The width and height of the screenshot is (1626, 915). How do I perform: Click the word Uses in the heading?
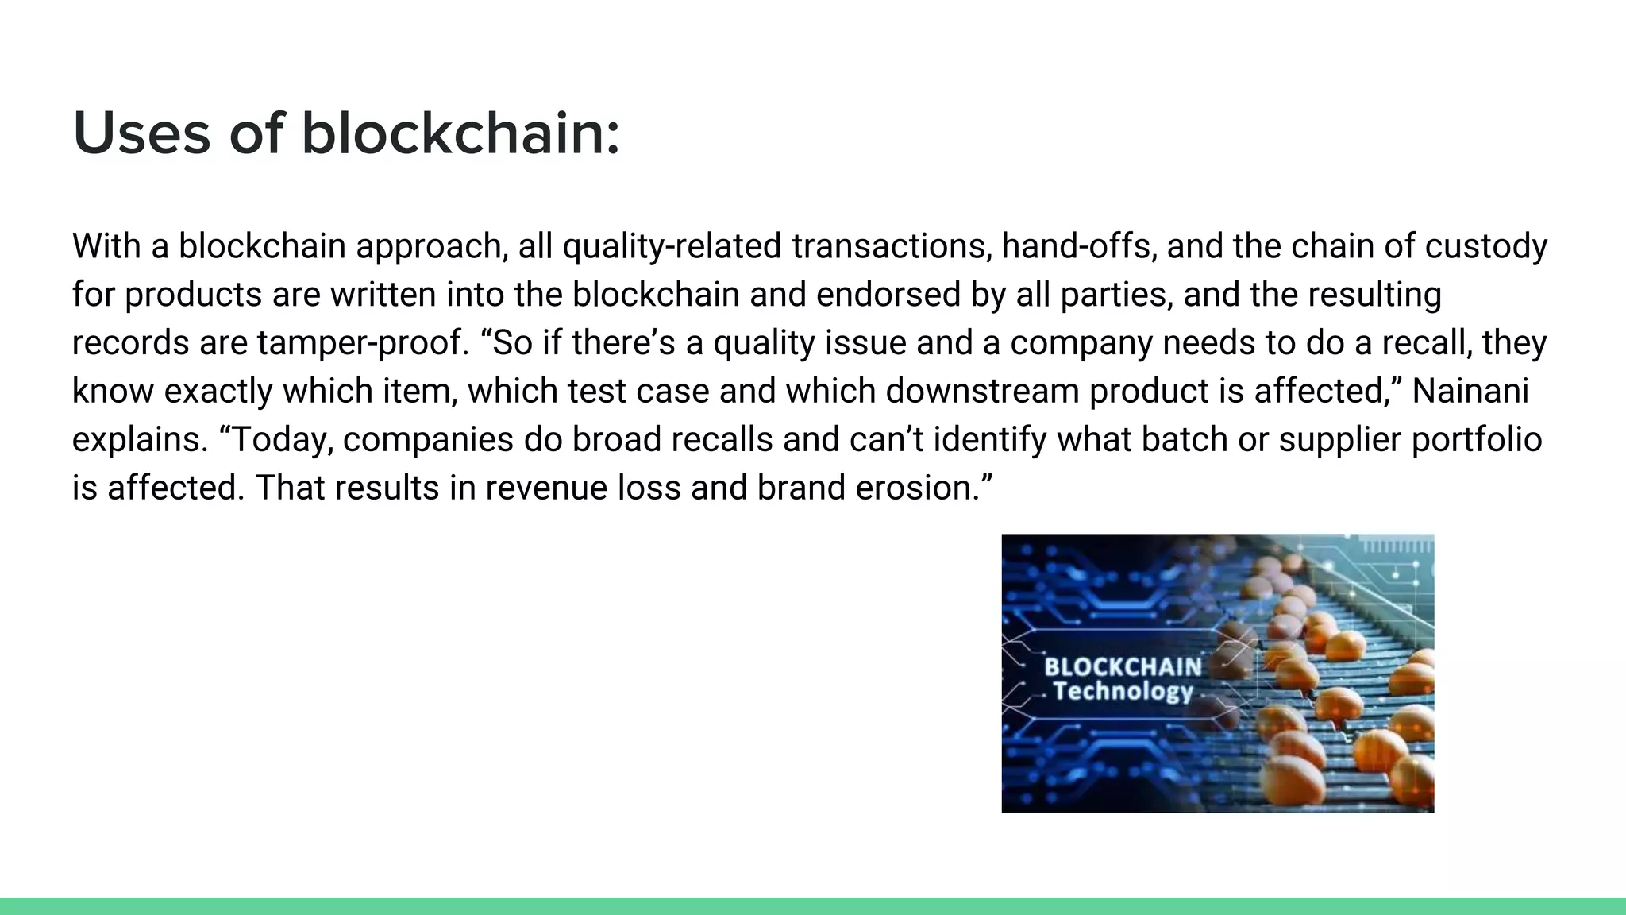tap(141, 133)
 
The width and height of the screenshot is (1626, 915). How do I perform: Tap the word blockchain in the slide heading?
tap(460, 133)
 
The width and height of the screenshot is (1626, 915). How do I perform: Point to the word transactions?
tap(891, 246)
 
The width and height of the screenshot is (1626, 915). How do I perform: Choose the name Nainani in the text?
tap(1470, 392)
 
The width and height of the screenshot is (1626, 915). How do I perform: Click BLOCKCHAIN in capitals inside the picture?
tap(1123, 666)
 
